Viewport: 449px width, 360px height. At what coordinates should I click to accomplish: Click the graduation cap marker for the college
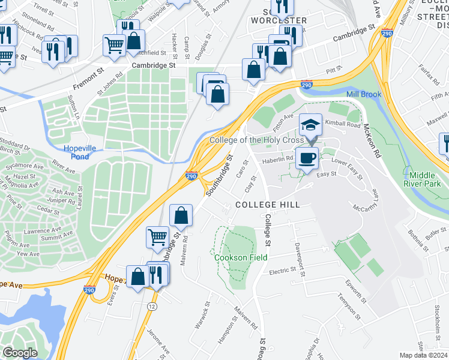(x=310, y=125)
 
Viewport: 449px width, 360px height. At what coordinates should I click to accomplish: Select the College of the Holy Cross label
(x=256, y=140)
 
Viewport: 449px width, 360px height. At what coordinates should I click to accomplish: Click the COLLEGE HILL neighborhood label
(x=267, y=205)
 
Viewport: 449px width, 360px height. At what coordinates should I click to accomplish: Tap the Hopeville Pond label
(x=85, y=152)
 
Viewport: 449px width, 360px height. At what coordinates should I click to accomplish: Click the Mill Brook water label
(x=363, y=94)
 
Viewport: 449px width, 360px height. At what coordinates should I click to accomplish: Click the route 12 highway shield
(x=152, y=307)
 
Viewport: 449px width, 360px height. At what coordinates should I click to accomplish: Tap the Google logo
(x=20, y=353)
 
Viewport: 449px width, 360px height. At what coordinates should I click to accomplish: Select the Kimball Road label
(x=343, y=125)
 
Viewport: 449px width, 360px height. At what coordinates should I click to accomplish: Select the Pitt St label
(x=334, y=71)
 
